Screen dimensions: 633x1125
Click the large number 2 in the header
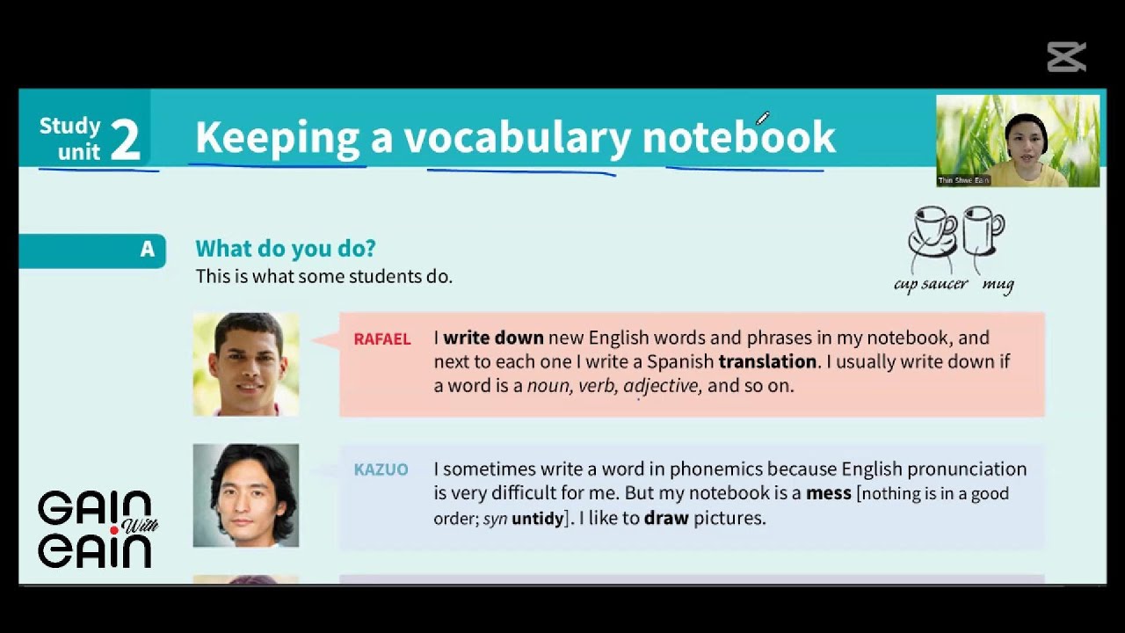click(x=126, y=141)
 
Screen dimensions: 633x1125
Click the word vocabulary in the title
click(x=518, y=138)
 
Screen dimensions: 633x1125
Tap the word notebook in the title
click(x=738, y=138)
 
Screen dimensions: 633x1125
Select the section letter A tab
click(x=147, y=250)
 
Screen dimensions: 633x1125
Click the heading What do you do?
click(x=286, y=249)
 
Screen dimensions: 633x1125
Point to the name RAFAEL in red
click(x=381, y=339)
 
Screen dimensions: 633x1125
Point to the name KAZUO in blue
click(x=381, y=469)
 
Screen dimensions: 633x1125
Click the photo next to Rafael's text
click(x=246, y=364)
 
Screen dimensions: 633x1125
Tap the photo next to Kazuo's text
click(x=246, y=495)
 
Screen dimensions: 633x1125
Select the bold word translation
click(x=767, y=361)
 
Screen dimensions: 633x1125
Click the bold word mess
click(x=828, y=493)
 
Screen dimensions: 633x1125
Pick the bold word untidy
click(x=537, y=518)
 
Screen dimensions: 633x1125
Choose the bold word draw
click(x=666, y=518)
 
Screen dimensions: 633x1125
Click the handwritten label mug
click(x=998, y=285)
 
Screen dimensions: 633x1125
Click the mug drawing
click(x=982, y=230)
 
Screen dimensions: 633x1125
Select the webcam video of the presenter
click(x=1018, y=141)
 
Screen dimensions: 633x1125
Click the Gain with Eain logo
click(x=95, y=529)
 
